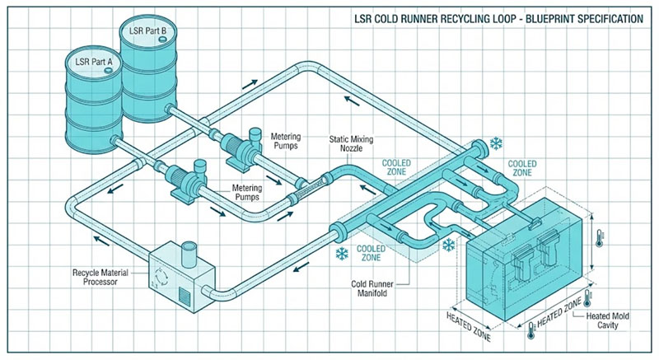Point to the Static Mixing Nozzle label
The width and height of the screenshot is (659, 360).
354,146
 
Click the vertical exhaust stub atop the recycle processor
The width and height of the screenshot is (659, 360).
188,251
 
